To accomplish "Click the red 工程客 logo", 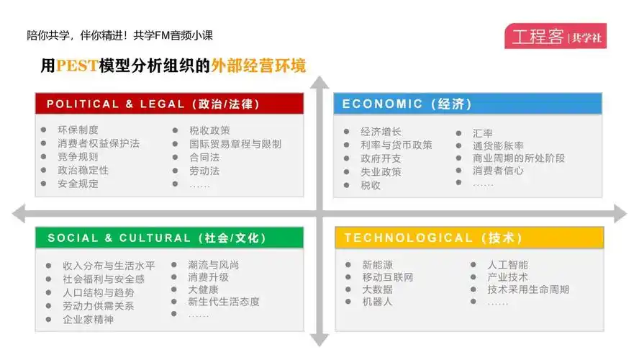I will point(555,37).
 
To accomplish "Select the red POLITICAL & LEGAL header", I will point(169,104).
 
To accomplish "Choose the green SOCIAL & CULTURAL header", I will point(169,238).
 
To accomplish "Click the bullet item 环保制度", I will point(78,130).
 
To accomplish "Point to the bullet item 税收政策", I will point(209,130).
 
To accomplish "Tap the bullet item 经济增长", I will point(381,132).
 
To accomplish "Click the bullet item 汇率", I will point(483,133).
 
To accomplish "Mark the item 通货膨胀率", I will point(498,145).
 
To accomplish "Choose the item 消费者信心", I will point(498,171).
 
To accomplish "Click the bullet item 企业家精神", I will point(88,320).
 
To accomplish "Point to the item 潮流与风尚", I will point(214,265).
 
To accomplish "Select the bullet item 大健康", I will point(203,289).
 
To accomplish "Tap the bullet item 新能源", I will point(378,265).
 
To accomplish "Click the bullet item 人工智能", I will point(507,265).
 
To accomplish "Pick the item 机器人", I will point(378,302).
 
